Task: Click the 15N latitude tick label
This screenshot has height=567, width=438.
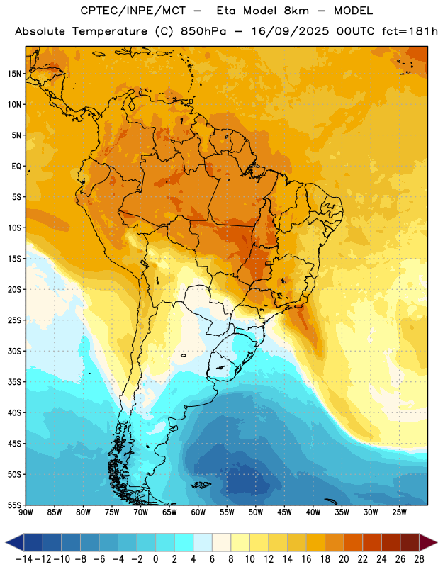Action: (x=14, y=74)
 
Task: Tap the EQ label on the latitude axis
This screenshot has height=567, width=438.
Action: (x=16, y=167)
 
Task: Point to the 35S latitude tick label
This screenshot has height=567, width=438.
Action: (x=14, y=382)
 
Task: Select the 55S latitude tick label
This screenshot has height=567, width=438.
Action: (x=14, y=505)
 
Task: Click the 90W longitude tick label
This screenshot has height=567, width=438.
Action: (x=26, y=512)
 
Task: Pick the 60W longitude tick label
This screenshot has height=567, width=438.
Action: (x=198, y=512)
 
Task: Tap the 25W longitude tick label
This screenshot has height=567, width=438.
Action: (x=399, y=512)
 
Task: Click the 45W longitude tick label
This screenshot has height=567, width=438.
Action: (x=284, y=512)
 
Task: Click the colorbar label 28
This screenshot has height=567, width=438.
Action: (x=419, y=559)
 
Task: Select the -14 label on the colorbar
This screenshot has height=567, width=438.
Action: (x=24, y=559)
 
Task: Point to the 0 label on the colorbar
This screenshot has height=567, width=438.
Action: (x=155, y=559)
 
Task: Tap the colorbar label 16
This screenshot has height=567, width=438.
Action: (x=306, y=559)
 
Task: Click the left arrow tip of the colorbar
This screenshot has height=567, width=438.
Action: (x=6, y=542)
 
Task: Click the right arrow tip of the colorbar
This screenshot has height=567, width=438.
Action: (x=437, y=542)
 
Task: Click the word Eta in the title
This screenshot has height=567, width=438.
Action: (x=226, y=11)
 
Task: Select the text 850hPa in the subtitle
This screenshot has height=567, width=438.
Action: (x=203, y=31)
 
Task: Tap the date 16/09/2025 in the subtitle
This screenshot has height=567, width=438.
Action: (x=290, y=31)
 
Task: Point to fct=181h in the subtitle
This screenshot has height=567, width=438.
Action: (x=410, y=31)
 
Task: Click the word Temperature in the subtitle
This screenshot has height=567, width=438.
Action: (x=109, y=31)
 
